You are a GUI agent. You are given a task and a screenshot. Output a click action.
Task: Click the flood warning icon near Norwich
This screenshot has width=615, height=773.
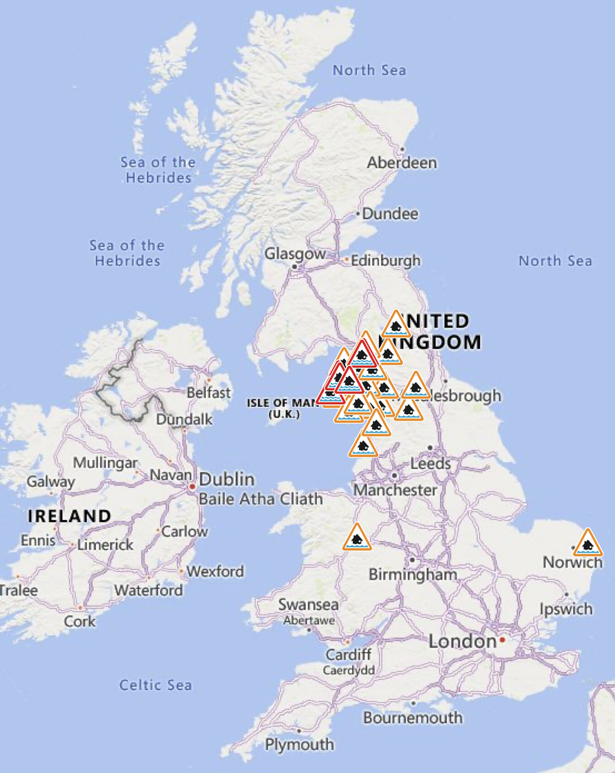point(587,543)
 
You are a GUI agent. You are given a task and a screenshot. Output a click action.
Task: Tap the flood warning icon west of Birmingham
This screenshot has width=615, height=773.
point(357,538)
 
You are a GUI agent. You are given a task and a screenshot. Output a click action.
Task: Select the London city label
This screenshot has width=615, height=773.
point(463,641)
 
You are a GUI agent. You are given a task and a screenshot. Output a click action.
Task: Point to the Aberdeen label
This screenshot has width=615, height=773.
point(402,163)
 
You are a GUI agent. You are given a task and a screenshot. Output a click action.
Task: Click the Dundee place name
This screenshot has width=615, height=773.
point(390,214)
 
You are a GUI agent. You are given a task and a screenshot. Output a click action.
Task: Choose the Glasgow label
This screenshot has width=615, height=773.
point(295,254)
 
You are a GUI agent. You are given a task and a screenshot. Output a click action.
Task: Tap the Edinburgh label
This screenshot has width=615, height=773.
point(385,260)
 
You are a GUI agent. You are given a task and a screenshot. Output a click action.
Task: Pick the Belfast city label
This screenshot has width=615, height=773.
point(209,393)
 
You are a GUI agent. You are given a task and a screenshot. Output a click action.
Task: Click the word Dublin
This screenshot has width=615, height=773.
point(227,480)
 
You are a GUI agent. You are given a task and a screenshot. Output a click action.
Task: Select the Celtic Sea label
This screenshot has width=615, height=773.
point(156,685)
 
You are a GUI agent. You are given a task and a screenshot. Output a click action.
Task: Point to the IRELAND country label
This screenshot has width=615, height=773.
point(69,516)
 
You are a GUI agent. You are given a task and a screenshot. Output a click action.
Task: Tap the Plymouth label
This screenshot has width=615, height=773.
point(299,745)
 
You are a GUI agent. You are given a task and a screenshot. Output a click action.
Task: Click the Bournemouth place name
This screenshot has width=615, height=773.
point(412,717)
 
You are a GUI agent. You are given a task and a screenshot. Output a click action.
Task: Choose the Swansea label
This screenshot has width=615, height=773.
point(308,605)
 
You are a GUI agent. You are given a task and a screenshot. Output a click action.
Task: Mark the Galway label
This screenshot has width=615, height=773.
point(50,482)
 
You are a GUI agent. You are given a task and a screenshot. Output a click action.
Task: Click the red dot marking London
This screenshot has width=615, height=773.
point(502,641)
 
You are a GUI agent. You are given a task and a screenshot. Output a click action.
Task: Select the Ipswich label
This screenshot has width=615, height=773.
point(565,609)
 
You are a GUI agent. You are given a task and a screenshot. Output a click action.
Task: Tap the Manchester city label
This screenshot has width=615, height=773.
point(395,489)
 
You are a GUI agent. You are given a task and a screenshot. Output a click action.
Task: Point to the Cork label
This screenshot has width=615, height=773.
point(80,621)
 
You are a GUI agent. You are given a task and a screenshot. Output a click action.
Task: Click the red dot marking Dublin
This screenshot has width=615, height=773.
point(191,486)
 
